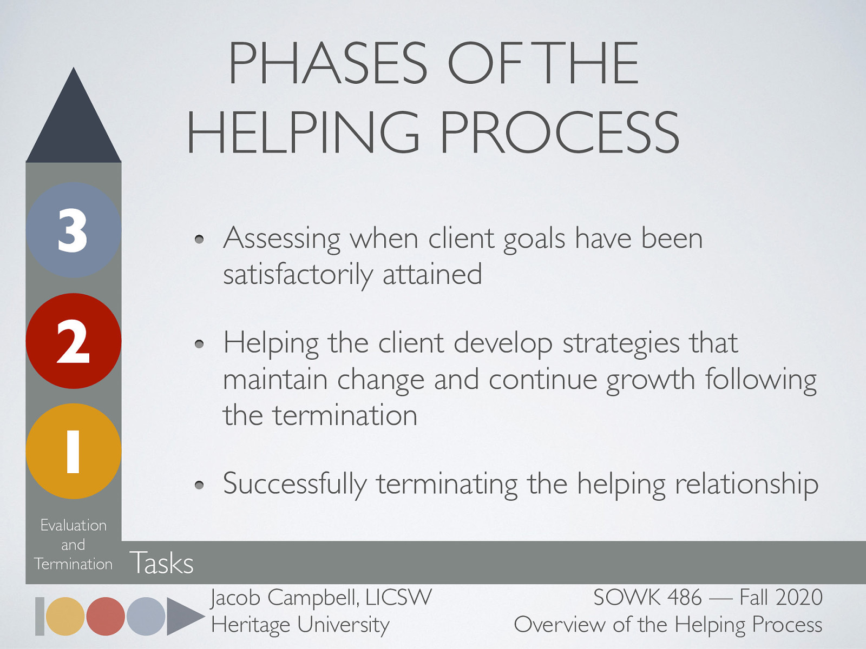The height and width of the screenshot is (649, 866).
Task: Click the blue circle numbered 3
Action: coord(73,230)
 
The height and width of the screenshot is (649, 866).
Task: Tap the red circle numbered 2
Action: coord(73,341)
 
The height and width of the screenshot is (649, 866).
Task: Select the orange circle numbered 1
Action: coord(73,451)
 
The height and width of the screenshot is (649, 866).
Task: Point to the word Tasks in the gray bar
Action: coord(161,563)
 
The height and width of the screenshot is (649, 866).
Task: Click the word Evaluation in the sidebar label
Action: coord(74,525)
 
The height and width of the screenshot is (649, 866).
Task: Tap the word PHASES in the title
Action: coord(328,63)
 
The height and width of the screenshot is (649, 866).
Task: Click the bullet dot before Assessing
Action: coord(199,239)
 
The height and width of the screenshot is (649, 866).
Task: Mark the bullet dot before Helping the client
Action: coord(199,344)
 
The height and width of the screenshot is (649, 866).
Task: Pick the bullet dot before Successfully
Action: coord(199,485)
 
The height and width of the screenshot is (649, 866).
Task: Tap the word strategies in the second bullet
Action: coord(621,344)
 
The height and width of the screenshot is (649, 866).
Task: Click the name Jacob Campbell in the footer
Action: coord(284,598)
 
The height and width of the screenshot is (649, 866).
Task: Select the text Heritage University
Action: coord(300,625)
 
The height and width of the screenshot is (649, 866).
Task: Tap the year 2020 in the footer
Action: coord(799,598)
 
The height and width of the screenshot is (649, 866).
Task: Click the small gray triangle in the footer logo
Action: coord(183,616)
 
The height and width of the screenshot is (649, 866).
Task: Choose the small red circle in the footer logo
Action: coord(106,616)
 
